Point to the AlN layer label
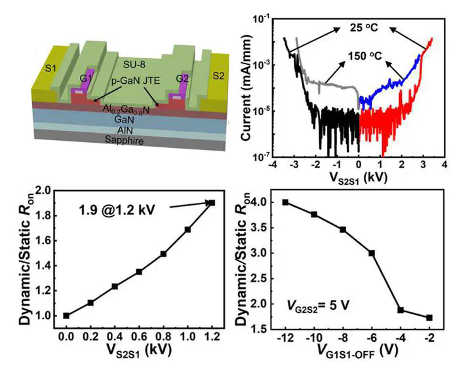(x=133, y=130)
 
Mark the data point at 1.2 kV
(x=211, y=202)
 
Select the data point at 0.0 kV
(x=66, y=316)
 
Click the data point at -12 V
(x=285, y=202)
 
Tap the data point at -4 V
(x=400, y=310)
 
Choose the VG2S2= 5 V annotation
(x=326, y=306)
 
